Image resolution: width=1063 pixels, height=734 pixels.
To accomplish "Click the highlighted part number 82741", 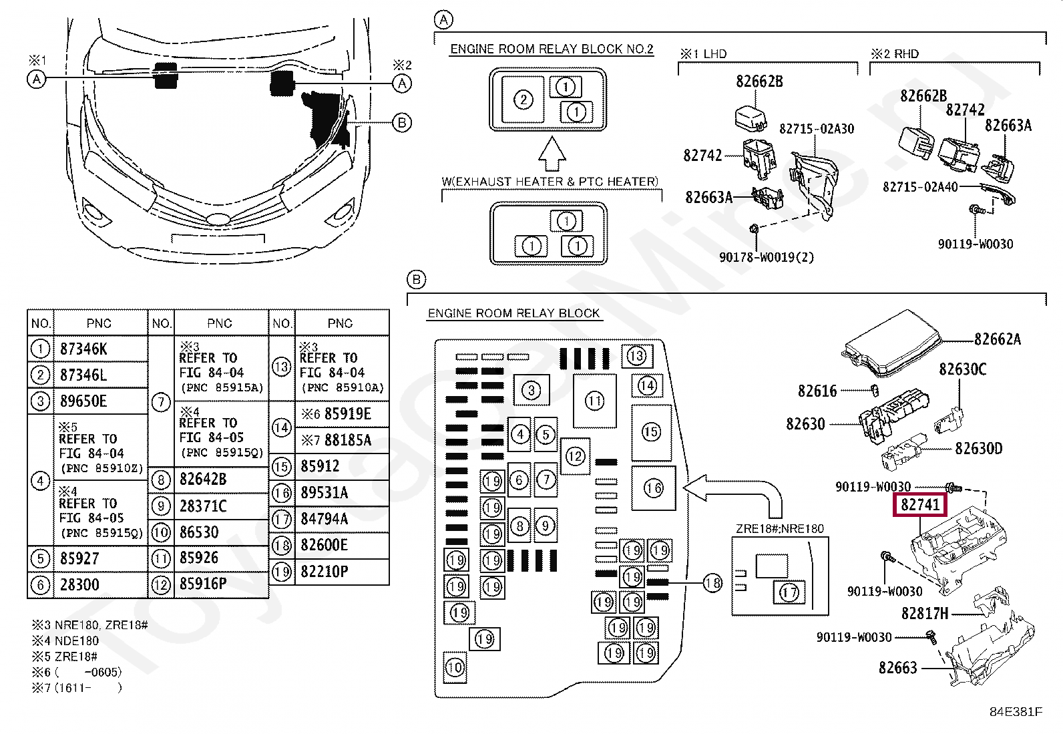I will [920, 505].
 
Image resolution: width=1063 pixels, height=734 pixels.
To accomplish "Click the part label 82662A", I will [997, 339].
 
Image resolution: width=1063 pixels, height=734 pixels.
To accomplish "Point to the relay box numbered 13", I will [636, 356].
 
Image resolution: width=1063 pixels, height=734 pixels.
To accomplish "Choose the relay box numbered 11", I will [594, 401].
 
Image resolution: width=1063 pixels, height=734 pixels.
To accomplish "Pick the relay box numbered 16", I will [653, 488].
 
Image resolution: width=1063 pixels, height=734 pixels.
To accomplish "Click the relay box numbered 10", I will [455, 667].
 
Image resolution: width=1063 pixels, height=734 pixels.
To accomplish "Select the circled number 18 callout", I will [713, 583].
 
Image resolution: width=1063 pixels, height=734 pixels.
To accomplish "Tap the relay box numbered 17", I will [789, 592].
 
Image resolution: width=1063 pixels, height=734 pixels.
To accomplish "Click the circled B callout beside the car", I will [402, 123].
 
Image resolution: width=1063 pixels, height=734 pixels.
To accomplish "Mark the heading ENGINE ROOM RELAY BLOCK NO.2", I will [552, 49].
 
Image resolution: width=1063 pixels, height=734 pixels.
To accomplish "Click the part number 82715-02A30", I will [816, 129].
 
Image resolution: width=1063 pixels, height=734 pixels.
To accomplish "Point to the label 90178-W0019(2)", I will [767, 257].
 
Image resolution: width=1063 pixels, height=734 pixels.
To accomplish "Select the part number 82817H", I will [924, 613].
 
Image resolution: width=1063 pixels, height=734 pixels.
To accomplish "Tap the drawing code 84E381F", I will [1015, 712].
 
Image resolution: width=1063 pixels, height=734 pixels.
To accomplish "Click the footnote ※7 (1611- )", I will [77, 687].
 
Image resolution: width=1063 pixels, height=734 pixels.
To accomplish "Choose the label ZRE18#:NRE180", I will [779, 529].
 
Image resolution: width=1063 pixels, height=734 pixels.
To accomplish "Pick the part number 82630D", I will [978, 449].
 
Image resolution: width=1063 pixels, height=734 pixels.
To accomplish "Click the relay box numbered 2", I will [523, 100].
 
